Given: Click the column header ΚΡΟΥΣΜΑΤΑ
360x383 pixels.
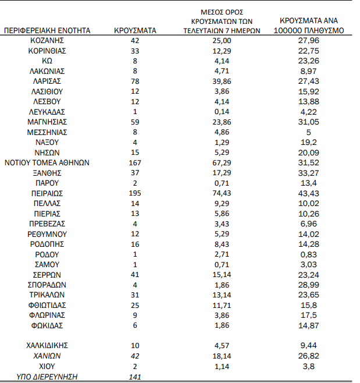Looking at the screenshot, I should click(135, 30).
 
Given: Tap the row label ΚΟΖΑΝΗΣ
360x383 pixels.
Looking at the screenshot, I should click(47, 40).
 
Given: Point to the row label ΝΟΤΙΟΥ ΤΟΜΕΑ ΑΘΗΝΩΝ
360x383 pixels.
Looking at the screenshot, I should click(47, 162).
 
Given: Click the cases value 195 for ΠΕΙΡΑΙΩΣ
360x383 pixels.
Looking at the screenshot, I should click(135, 193).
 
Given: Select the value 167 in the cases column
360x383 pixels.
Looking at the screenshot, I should click(135, 162).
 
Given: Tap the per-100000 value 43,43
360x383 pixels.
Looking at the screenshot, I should click(309, 193).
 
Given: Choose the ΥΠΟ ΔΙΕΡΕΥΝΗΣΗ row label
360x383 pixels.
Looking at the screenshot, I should click(47, 377).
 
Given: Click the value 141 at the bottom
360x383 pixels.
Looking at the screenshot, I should click(135, 377).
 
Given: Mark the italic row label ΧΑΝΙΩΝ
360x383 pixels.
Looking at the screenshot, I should click(47, 356).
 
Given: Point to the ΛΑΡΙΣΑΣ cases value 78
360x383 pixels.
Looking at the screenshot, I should click(135, 81).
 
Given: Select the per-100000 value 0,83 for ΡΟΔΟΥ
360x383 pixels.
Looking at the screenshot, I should click(309, 254).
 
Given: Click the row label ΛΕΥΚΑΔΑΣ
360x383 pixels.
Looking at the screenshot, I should click(47, 111).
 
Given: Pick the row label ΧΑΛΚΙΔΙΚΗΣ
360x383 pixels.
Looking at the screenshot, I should click(47, 346).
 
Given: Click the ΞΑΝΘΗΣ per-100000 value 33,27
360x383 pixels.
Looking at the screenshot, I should click(309, 172).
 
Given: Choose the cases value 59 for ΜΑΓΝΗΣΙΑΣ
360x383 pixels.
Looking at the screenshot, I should click(135, 122).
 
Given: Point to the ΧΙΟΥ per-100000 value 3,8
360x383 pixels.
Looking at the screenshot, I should click(309, 366).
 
